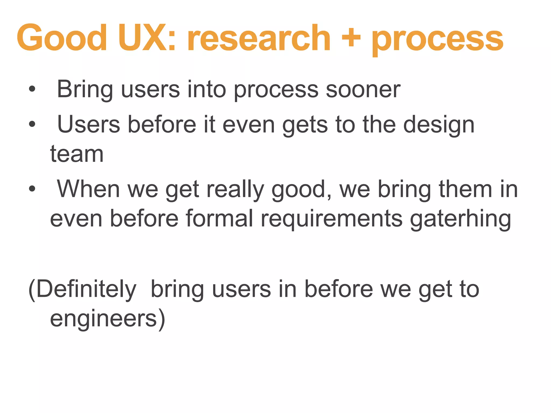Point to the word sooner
coord(363,90)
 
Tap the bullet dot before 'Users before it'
coord(32,124)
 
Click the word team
coord(77,155)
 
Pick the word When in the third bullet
coord(89,189)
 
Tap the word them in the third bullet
coord(465,189)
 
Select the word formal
coord(219,218)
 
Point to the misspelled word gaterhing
coord(460,219)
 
